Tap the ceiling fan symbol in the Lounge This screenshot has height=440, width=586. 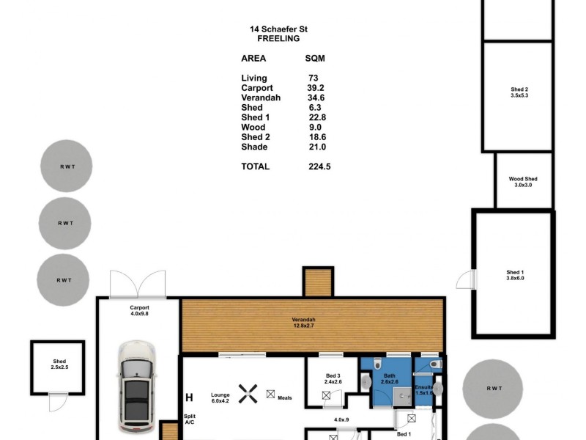(250, 395)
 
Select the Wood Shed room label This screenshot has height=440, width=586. (523, 182)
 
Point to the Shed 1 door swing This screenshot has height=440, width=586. (466, 279)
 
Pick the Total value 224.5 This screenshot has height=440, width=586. (319, 166)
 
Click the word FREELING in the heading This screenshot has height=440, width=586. (278, 38)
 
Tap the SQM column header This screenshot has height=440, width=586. (315, 58)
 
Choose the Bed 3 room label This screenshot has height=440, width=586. (333, 378)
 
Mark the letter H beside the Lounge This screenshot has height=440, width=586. (189, 398)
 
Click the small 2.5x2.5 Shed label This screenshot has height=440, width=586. (59, 364)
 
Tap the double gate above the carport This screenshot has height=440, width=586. (138, 284)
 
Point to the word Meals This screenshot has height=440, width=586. (284, 398)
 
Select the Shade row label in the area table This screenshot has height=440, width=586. (254, 147)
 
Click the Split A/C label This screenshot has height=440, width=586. (189, 419)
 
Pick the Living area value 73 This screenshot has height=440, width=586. (314, 78)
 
